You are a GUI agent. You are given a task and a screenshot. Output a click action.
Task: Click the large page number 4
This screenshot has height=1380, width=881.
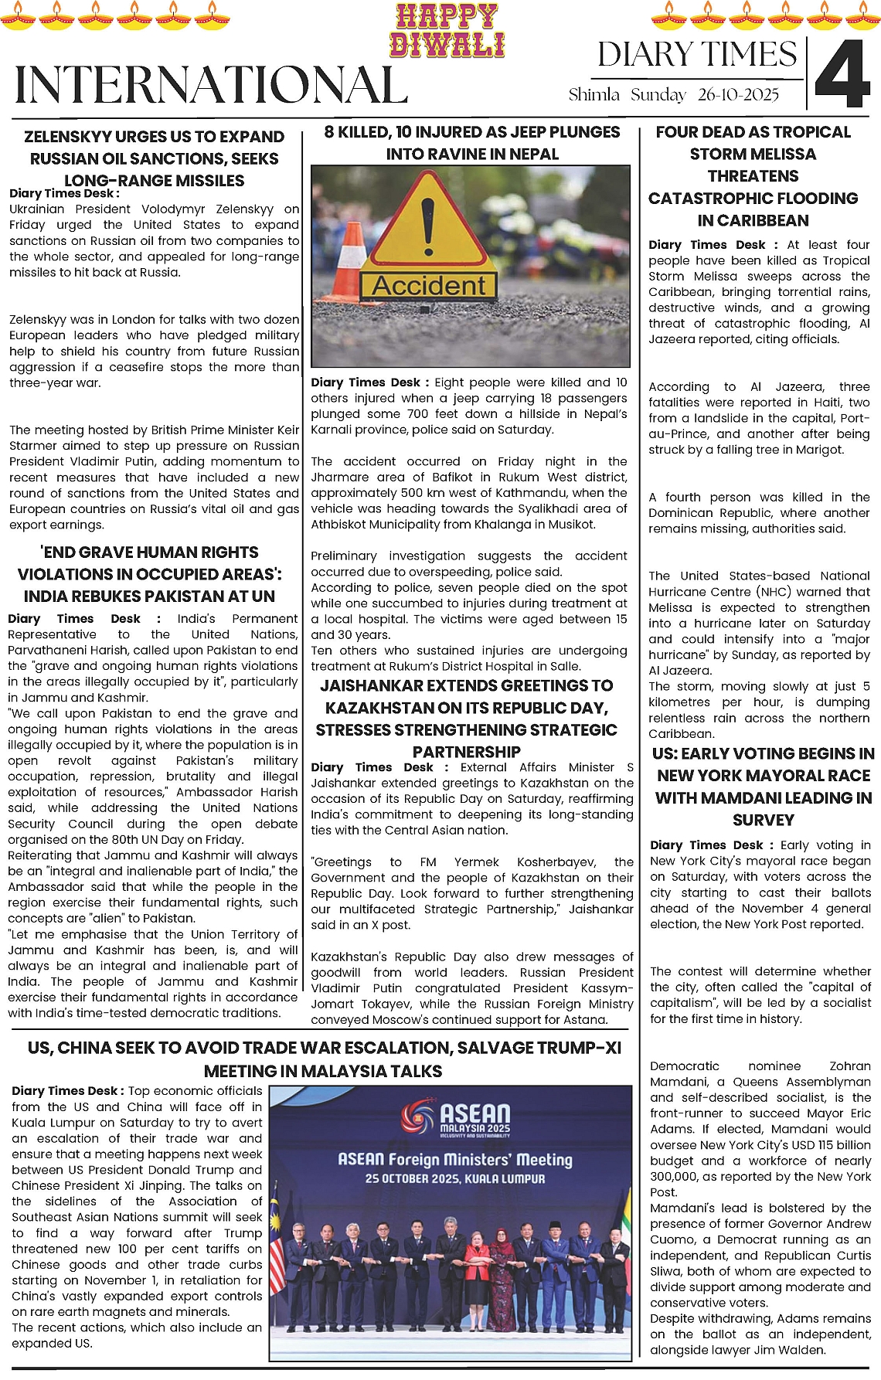(843, 74)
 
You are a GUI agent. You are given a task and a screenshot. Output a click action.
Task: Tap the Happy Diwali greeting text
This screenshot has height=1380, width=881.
(447, 31)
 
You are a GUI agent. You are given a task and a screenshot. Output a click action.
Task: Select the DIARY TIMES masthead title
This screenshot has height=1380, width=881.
(696, 55)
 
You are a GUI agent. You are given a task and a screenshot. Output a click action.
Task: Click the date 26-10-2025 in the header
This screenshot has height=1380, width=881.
(738, 95)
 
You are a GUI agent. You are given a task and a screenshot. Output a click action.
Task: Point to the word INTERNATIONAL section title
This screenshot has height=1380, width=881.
(211, 85)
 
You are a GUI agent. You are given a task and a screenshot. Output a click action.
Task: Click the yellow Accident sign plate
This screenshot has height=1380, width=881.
(429, 286)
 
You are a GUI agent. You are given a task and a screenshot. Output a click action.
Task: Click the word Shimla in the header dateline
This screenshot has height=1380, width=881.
(594, 95)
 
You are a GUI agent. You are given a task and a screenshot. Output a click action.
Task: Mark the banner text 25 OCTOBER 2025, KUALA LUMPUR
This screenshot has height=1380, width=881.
(455, 1179)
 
